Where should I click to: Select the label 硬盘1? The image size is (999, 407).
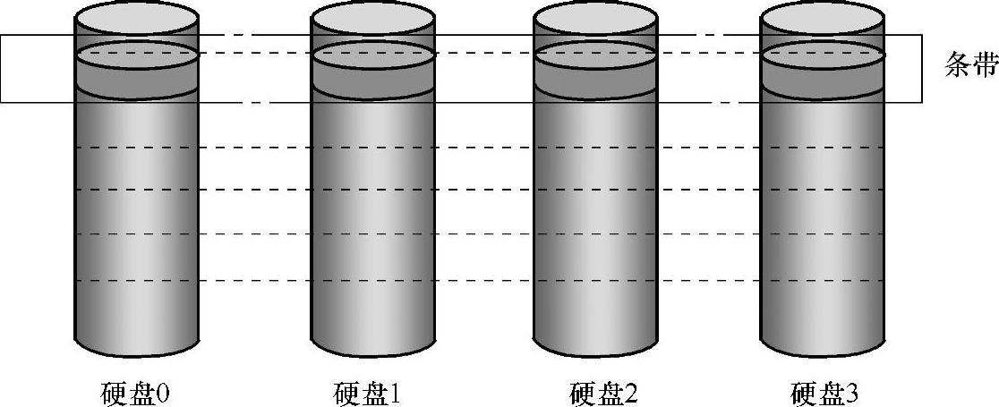(369, 392)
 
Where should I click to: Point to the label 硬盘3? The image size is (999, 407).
(824, 392)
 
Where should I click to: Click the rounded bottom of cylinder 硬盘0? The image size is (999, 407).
(137, 344)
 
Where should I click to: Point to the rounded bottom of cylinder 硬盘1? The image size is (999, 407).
(373, 344)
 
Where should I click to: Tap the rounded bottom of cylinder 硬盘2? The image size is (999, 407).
(594, 344)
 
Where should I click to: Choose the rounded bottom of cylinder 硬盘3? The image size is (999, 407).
(822, 344)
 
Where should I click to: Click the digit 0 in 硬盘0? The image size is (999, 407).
(164, 392)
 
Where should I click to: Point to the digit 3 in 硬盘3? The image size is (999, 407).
(853, 392)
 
